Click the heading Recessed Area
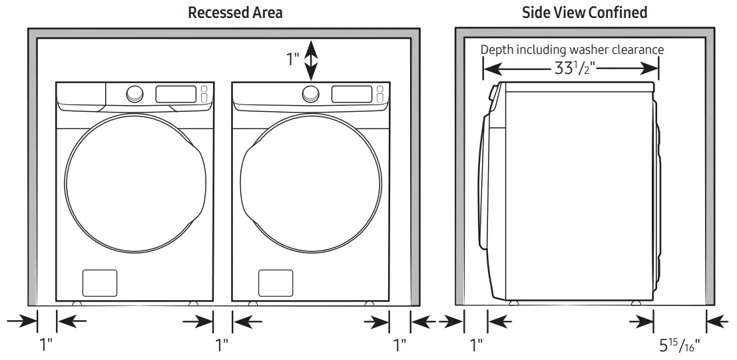tap(235, 13)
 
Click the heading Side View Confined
tap(585, 13)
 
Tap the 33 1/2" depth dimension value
tap(571, 68)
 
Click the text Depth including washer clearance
tap(572, 50)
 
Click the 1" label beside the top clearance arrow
tap(293, 60)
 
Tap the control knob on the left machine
tap(134, 93)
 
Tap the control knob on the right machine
tap(310, 93)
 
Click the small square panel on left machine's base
tap(99, 283)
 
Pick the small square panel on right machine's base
tap(276, 283)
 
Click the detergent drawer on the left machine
tap(81, 93)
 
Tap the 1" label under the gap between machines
tap(222, 345)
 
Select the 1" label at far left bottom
tap(46, 345)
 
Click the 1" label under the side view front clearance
tap(476, 345)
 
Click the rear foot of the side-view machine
tap(636, 302)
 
